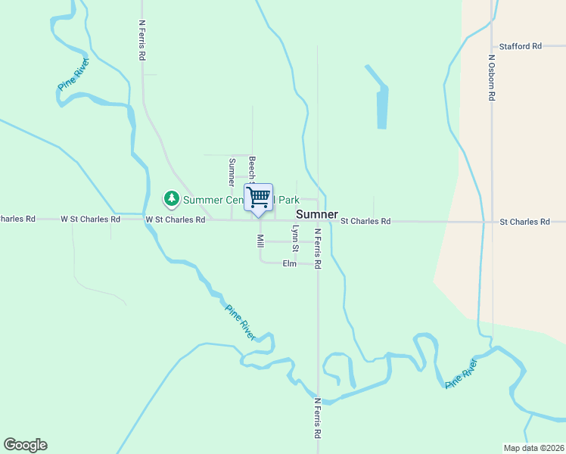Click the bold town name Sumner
click(x=316, y=214)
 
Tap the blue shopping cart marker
click(x=259, y=198)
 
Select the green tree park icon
click(x=172, y=199)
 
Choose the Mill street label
click(x=260, y=241)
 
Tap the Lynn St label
click(x=296, y=238)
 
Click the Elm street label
click(x=289, y=263)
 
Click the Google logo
click(x=25, y=445)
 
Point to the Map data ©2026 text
click(x=533, y=448)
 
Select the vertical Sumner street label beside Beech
click(x=232, y=173)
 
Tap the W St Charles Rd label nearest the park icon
click(x=176, y=219)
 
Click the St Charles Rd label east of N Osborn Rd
click(x=524, y=222)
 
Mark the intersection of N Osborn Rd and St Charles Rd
click(x=492, y=222)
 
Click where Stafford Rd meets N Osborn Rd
click(x=492, y=46)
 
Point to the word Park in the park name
click(x=288, y=200)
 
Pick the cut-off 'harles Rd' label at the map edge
click(x=17, y=219)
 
